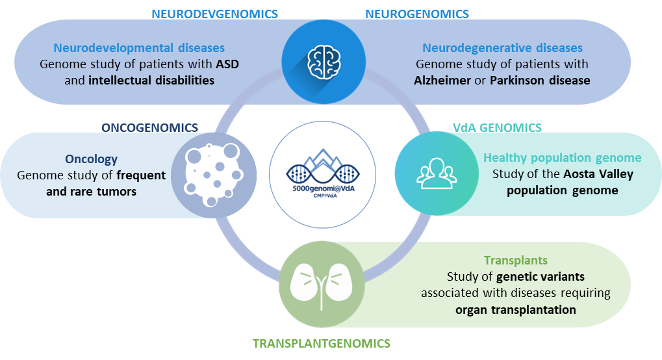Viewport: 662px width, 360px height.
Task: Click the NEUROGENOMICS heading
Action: click(417, 13)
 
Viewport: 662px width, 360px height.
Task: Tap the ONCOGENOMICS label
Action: click(149, 127)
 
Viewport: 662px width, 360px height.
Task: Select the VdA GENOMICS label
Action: click(497, 128)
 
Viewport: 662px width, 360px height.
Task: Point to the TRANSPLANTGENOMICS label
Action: click(322, 342)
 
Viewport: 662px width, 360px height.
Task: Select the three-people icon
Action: click(436, 174)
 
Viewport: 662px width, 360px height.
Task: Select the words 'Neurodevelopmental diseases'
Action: click(139, 48)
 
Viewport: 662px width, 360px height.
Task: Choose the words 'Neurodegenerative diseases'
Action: click(502, 48)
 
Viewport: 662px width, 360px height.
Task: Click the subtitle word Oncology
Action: click(91, 159)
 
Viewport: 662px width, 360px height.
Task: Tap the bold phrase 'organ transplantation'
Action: click(515, 309)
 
